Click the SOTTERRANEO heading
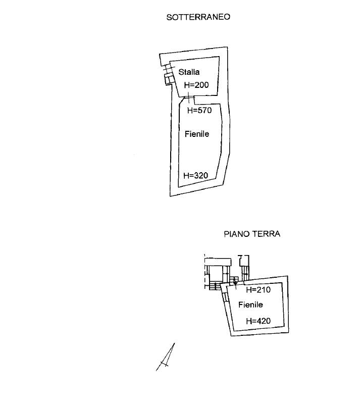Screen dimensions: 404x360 [x=198, y=17]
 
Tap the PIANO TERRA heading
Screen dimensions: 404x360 [x=252, y=234]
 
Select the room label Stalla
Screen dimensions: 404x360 [x=189, y=72]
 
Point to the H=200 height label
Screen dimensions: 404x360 [x=196, y=85]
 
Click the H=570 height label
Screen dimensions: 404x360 [x=199, y=110]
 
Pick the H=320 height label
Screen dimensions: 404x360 [x=195, y=176]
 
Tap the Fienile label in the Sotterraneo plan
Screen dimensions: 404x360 [x=196, y=134]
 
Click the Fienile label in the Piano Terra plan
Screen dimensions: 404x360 [x=250, y=305]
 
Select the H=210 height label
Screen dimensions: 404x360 [x=258, y=290]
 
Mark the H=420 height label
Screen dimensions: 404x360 [x=258, y=321]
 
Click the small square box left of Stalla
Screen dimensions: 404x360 [x=168, y=79]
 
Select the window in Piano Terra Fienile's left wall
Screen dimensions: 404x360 [x=224, y=297]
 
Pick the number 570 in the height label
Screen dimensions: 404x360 [x=204, y=110]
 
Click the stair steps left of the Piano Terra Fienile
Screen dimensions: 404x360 [x=215, y=286]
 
